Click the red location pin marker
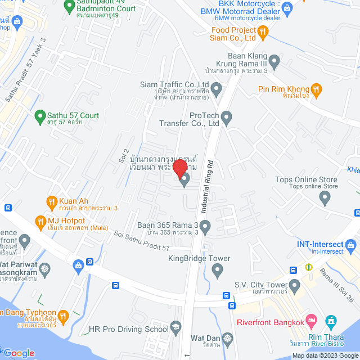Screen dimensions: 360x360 coord(179,168)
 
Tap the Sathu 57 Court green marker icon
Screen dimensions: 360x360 coord(39,116)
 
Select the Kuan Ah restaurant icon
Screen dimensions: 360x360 coord(51,201)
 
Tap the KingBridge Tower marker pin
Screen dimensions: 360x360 coord(218,271)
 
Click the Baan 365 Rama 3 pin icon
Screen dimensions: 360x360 coord(205,227)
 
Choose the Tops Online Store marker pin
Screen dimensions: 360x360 coord(324,197)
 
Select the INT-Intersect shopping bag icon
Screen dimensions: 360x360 coord(351,245)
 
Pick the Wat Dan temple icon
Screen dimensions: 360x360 coord(227,339)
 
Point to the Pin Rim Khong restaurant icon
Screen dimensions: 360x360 coord(317,89)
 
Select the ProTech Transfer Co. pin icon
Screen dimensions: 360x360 coord(226,118)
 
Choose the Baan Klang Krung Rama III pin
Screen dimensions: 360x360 coord(274,60)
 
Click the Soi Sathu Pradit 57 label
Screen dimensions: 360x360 coord(142,240)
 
